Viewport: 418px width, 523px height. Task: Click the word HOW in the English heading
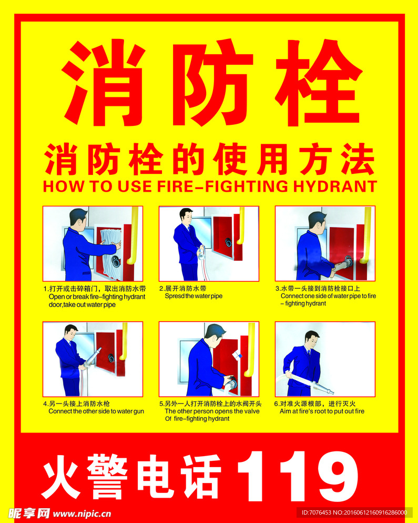(60, 186)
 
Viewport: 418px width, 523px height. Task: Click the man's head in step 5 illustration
(215, 333)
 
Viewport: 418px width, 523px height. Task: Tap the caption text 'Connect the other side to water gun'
(96, 411)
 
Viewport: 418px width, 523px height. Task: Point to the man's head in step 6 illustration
(311, 339)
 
